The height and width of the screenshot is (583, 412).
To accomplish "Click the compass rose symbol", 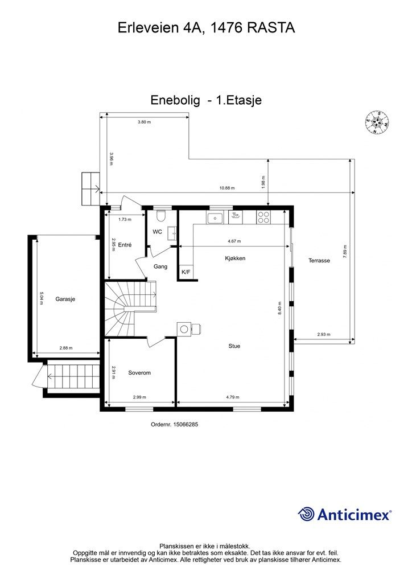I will pos(377,121).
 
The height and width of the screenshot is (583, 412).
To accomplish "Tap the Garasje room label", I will pos(66,298).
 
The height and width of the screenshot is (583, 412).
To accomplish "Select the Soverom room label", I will pos(139,373).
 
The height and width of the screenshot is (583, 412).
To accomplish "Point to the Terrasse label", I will pos(319,260).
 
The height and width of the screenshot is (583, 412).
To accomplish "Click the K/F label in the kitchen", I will pos(186,272).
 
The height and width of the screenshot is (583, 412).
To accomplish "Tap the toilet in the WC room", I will pos(161,217).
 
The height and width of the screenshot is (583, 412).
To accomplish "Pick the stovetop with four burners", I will pos(264,217).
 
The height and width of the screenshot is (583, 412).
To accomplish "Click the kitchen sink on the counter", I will pos(216,217).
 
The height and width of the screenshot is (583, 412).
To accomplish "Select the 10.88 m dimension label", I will pos(227,188).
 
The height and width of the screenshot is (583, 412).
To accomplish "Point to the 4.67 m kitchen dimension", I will pos(234,241).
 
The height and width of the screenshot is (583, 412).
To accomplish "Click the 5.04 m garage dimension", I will pos(42,298).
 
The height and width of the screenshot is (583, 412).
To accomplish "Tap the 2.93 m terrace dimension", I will pos(324,335).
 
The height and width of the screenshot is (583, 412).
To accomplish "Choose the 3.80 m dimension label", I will pos(145,122).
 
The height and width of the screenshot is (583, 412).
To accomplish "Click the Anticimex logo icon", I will pos(307,514).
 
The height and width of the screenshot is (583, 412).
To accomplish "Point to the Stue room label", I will pos(234,346).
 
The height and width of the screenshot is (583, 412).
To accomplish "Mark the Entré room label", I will pos(126,245).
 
